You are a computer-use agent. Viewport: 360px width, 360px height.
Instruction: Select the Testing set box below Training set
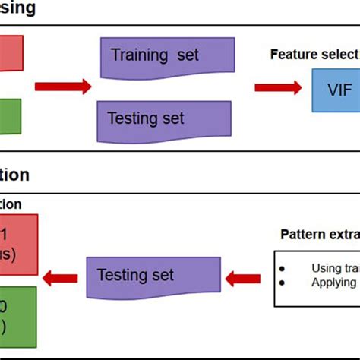tap(163, 118)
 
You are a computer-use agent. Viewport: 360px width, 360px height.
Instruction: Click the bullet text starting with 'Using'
tap(335, 267)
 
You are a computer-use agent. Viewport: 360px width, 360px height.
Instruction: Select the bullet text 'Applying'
tap(333, 282)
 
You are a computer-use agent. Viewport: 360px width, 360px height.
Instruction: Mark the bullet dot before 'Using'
tap(283, 267)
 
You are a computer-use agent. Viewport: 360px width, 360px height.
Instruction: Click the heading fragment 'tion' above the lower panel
tap(15, 175)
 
